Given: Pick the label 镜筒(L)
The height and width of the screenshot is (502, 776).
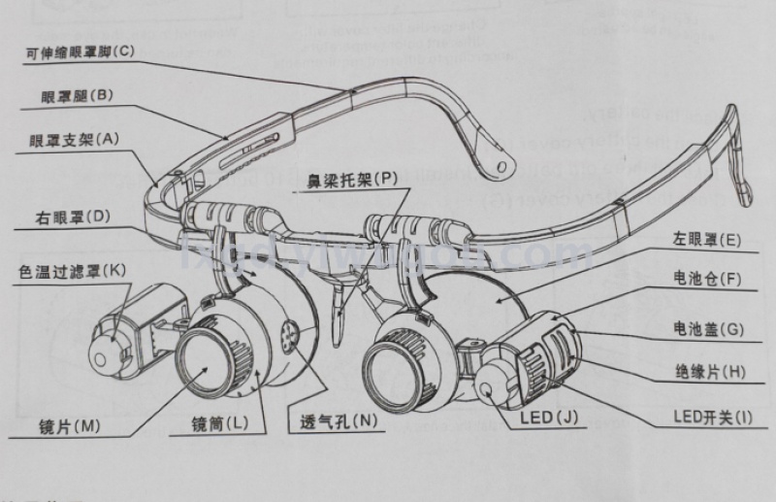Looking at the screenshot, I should point(220,423).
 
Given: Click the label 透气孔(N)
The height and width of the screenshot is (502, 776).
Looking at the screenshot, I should point(325,421).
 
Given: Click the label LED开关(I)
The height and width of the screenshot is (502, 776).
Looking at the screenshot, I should point(712,418).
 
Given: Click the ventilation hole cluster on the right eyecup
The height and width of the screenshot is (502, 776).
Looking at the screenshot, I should point(286,335).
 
